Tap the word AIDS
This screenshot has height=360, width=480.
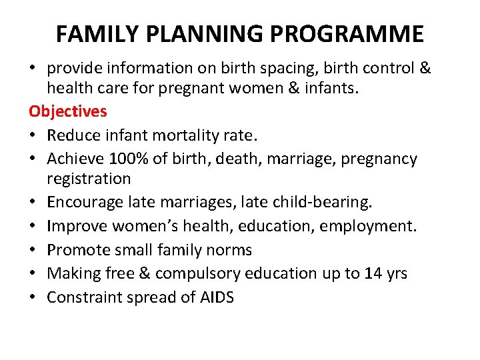click(x=217, y=297)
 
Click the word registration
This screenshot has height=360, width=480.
click(x=89, y=179)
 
